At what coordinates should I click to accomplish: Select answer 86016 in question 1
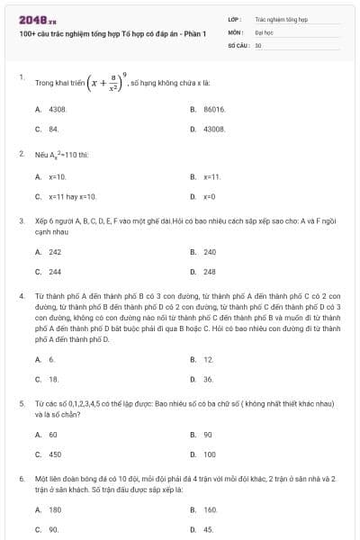tap(213, 108)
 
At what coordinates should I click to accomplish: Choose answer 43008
tap(213, 130)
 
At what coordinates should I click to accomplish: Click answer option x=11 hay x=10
tap(72, 196)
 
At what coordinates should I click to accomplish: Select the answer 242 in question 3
tap(55, 252)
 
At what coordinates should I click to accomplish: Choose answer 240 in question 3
tap(210, 252)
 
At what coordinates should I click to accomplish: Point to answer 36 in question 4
tap(208, 380)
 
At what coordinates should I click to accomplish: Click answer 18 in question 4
tap(53, 380)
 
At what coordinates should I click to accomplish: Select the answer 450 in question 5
tap(55, 454)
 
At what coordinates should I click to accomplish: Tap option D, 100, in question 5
tap(210, 454)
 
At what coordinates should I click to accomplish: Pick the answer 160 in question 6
tap(210, 509)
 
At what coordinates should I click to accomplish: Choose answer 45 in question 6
tap(208, 529)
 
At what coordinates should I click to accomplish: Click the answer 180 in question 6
tap(55, 509)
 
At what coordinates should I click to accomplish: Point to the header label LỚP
tap(234, 18)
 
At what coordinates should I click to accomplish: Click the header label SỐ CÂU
tap(238, 44)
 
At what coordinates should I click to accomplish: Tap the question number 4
tap(22, 295)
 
